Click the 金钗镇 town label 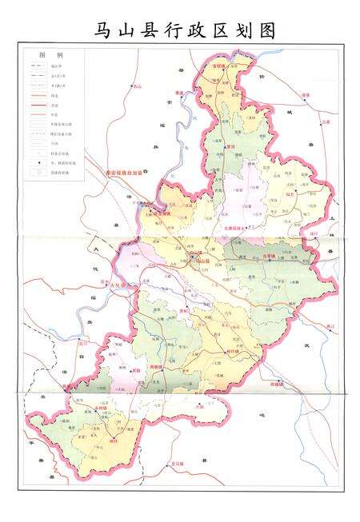218,65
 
